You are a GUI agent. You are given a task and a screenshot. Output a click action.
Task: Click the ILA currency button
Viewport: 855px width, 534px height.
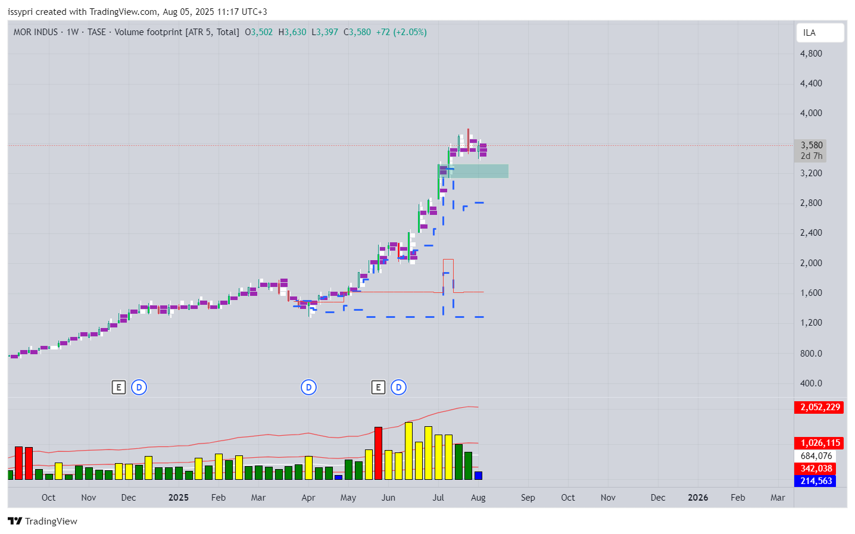tap(819, 33)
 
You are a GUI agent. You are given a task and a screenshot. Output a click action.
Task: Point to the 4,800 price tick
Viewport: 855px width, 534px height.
tap(811, 54)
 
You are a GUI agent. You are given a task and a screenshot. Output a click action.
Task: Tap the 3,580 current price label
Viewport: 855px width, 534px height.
tap(811, 145)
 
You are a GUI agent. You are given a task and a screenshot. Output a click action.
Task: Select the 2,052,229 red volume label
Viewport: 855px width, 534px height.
tap(819, 407)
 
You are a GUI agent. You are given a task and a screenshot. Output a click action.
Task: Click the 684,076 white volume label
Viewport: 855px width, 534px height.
tap(816, 456)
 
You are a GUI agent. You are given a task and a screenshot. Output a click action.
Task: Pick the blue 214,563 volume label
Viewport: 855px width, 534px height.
tap(815, 481)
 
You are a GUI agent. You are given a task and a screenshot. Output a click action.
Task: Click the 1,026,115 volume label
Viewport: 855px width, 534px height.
tap(819, 443)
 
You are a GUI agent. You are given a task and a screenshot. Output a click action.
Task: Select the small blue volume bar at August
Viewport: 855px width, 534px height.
tap(478, 476)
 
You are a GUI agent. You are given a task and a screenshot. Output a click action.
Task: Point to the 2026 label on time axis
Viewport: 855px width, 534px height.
tap(698, 498)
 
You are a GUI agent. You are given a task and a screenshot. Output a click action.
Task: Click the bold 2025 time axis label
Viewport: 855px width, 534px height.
tap(178, 498)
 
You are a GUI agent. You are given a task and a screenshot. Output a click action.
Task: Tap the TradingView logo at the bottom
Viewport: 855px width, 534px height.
tap(43, 521)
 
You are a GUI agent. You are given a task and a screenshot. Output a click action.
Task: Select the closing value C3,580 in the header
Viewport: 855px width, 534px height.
tap(357, 32)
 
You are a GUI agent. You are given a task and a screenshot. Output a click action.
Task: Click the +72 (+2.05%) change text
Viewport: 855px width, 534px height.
tap(401, 32)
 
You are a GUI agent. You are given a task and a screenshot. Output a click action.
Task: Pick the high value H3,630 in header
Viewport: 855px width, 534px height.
tap(292, 32)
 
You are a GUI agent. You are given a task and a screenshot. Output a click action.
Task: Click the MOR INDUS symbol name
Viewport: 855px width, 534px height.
tap(36, 32)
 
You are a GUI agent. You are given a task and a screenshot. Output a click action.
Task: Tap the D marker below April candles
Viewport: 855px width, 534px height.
tap(308, 388)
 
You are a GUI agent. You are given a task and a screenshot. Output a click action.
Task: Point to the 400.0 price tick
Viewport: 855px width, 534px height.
tap(811, 383)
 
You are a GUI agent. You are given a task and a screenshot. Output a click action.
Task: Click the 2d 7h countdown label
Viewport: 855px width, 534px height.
tap(811, 156)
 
